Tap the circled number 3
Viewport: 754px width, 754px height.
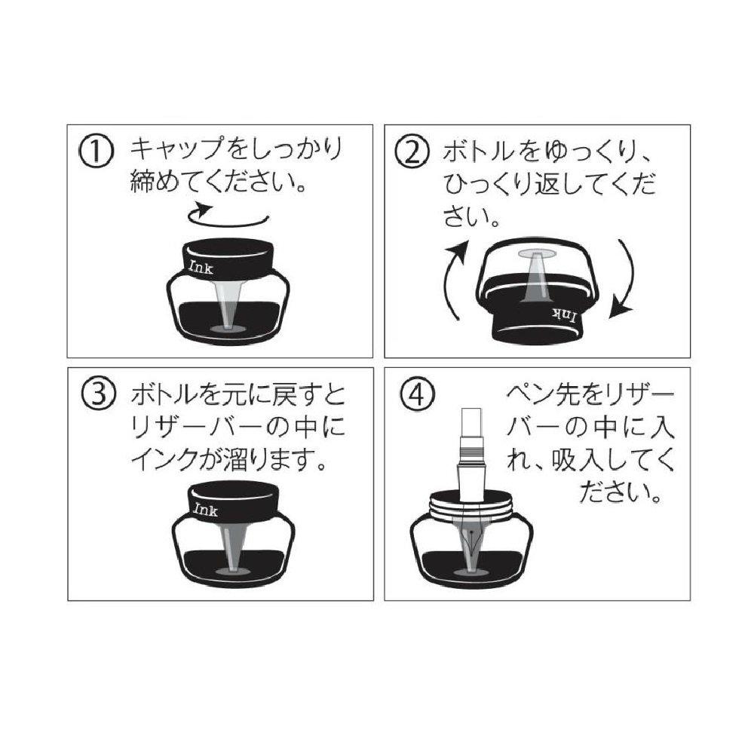[98, 394]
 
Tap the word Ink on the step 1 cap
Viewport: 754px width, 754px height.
[201, 267]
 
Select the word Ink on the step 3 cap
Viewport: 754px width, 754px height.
[205, 509]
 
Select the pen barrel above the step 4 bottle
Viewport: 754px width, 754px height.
[472, 456]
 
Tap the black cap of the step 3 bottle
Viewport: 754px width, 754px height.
[233, 501]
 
